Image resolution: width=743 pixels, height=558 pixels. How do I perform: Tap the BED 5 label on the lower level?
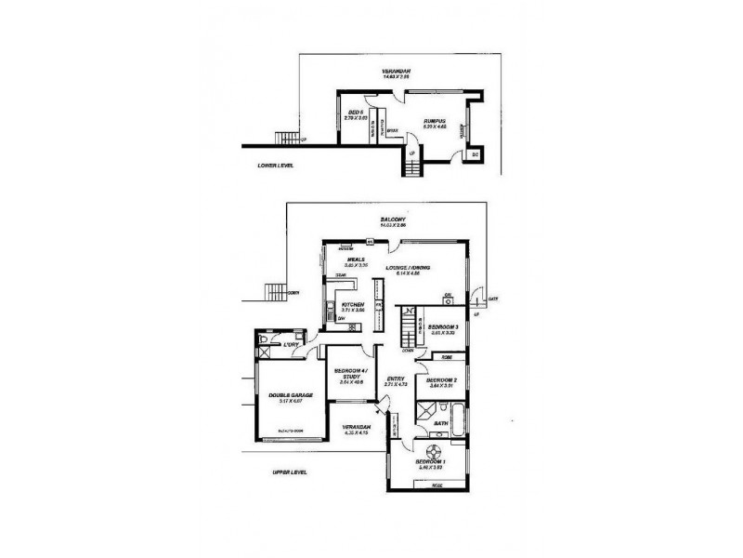point(353,113)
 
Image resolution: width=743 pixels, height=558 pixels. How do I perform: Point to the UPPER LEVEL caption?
point(289,472)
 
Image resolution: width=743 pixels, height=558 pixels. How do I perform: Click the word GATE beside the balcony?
point(493,299)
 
